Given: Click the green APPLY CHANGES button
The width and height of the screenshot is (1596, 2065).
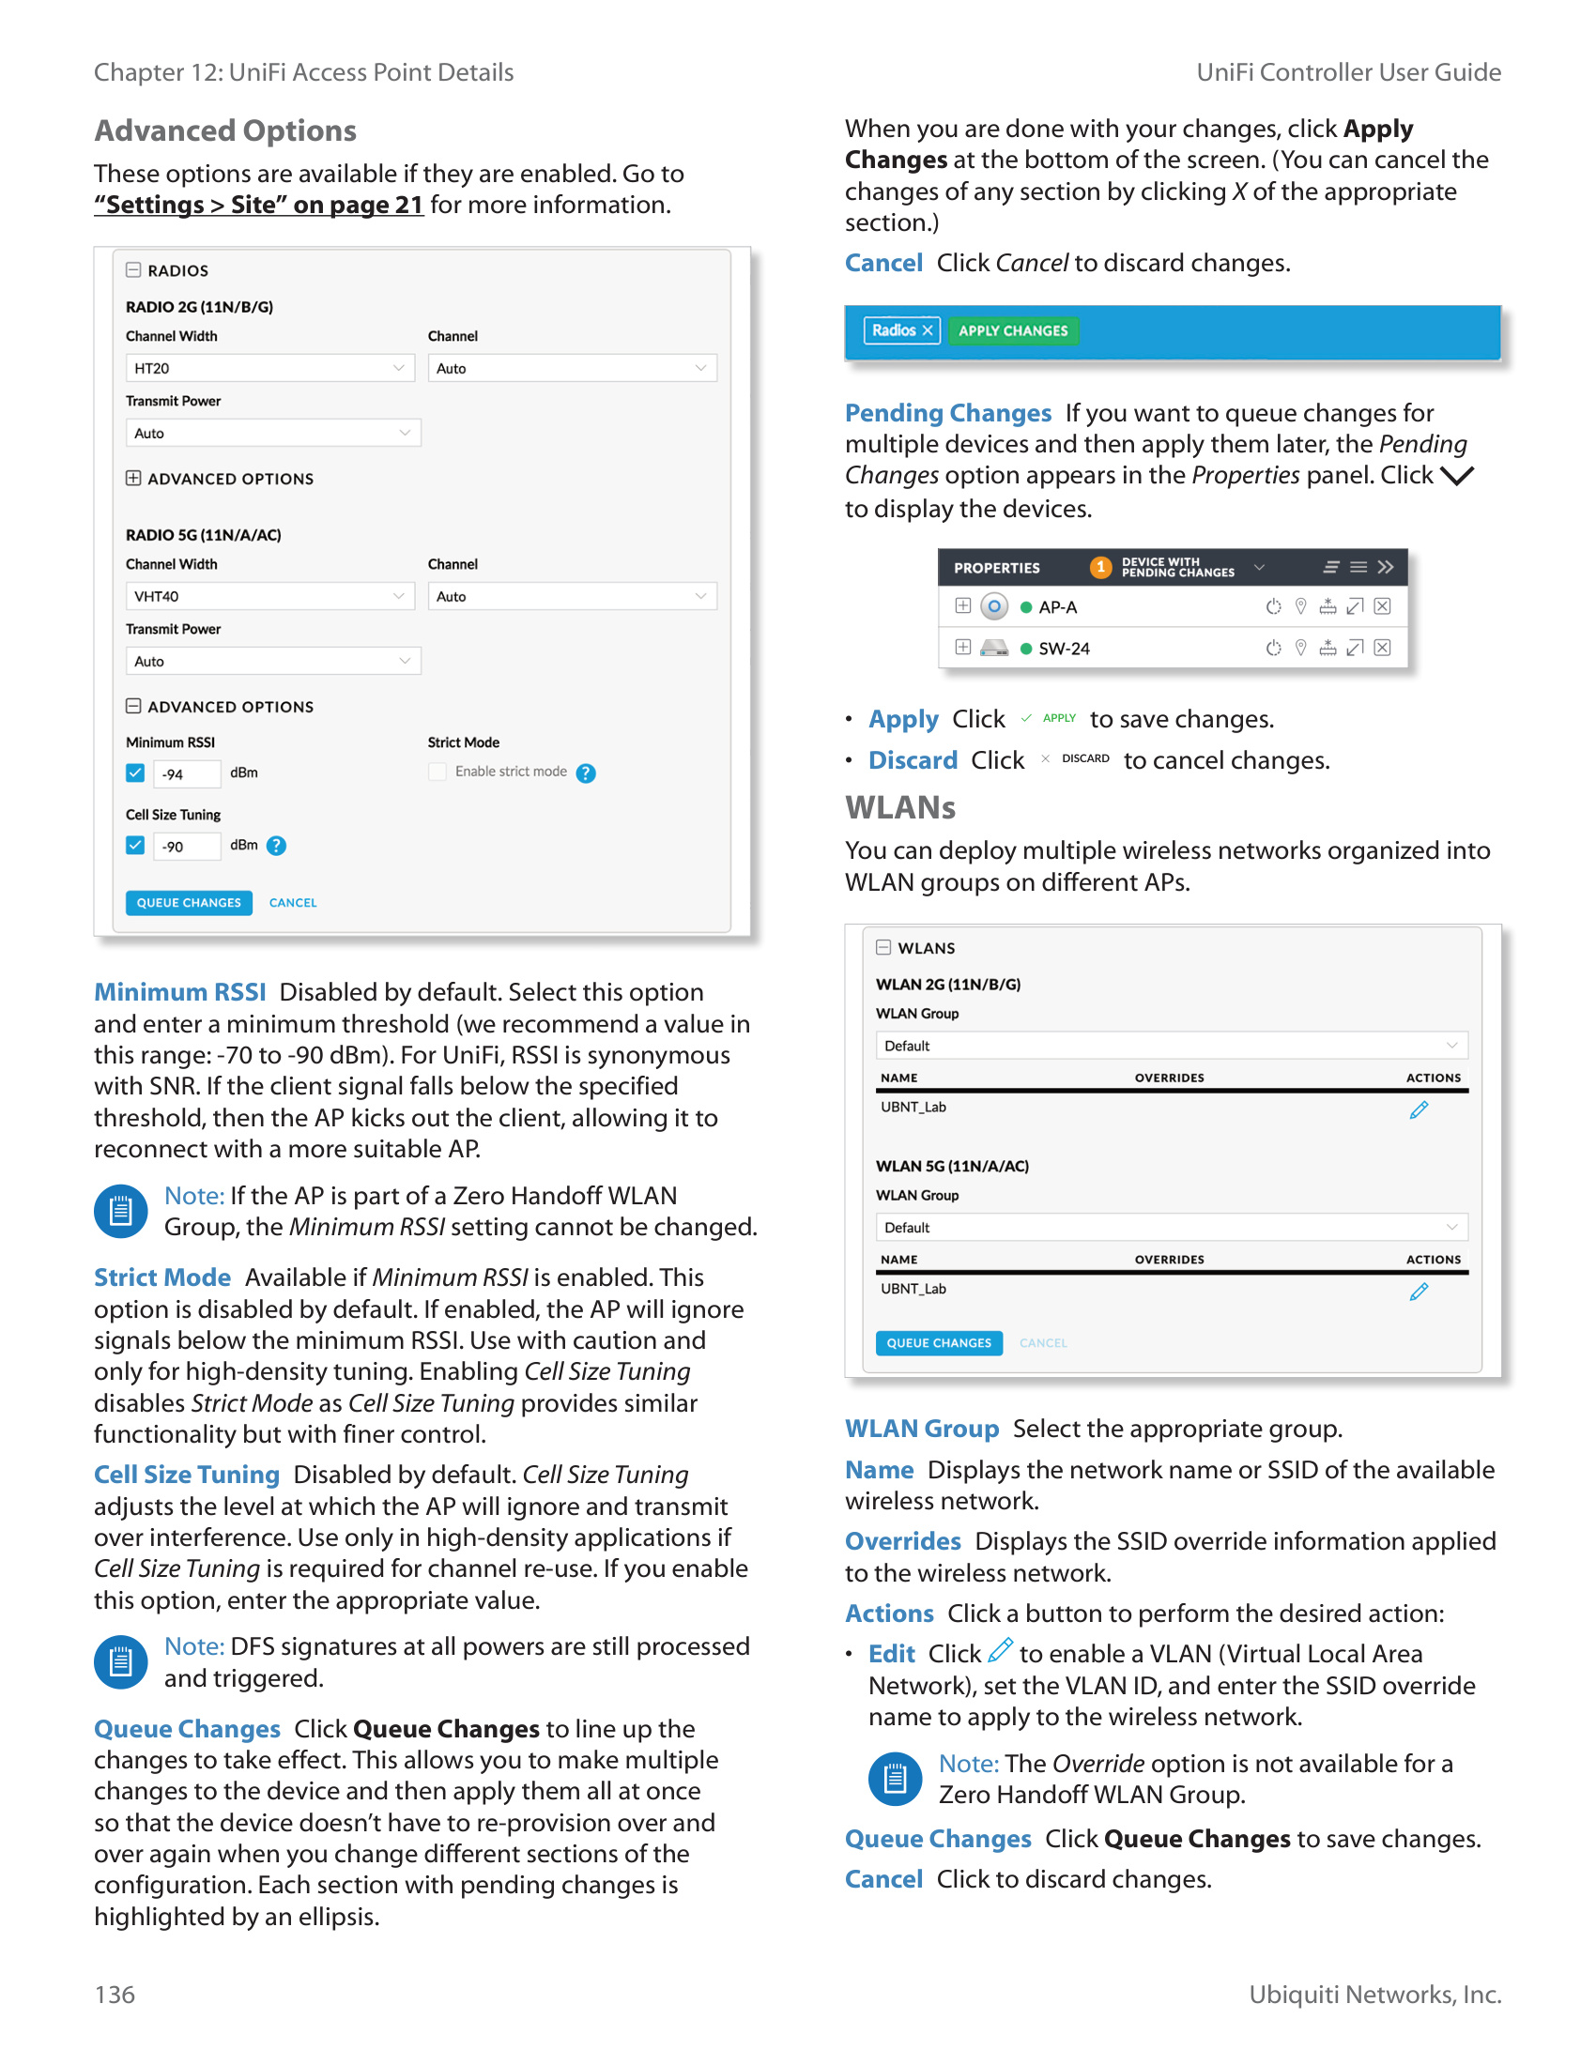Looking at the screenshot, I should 1012,331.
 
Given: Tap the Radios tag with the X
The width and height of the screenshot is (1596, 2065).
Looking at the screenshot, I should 901,331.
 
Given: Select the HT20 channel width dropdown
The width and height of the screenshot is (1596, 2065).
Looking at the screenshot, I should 269,368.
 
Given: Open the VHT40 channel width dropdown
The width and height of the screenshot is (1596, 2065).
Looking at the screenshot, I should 269,596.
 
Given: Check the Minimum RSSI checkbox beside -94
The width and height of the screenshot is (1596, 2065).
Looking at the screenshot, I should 135,773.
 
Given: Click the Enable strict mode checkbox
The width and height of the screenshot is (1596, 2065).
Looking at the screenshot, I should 437,772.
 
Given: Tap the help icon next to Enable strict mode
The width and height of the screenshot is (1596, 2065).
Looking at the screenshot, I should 586,773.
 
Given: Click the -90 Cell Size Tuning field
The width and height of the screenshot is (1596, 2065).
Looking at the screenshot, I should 186,847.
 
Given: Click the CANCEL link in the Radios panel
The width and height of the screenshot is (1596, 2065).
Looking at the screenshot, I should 293,903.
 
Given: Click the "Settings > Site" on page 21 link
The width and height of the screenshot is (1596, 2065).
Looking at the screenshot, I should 258,206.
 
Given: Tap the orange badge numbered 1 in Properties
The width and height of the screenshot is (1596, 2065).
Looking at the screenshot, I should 1099,567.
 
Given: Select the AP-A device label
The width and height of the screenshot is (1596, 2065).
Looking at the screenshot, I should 1057,607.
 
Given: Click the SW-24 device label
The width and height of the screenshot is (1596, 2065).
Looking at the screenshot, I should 1064,649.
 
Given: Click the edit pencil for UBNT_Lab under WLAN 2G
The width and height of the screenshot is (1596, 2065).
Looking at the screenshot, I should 1419,1110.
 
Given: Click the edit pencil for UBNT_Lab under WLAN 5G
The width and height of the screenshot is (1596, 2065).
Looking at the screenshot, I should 1419,1292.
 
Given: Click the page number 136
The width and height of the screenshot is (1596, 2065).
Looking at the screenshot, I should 115,1995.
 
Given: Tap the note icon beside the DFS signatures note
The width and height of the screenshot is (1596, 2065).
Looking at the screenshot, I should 121,1662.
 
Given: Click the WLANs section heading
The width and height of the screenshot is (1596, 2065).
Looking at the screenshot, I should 900,807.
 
